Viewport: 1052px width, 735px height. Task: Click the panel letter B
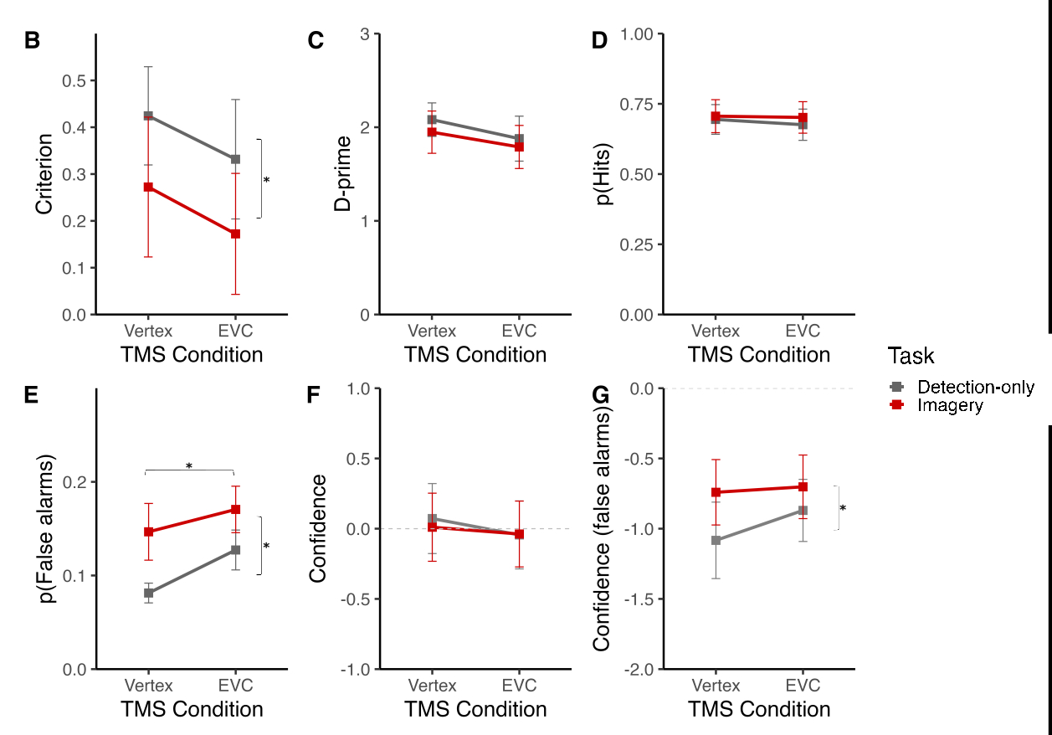coord(32,40)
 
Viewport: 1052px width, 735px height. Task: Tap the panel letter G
coord(600,395)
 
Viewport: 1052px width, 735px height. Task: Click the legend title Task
coord(911,356)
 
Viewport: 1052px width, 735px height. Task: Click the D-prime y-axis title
coord(343,174)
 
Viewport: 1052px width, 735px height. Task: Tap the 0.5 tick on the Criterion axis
coord(74,81)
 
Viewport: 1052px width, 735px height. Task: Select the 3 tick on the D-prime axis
coord(366,34)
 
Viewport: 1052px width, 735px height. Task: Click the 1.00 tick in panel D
coord(638,34)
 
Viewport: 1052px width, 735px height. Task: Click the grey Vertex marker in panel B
coord(148,116)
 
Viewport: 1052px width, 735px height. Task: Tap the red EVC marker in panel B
coord(236,234)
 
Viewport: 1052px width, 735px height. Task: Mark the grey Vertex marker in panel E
coord(149,593)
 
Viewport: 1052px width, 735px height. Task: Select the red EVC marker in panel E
coord(236,509)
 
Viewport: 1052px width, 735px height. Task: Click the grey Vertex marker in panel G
coord(716,540)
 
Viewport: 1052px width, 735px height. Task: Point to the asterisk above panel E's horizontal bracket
coord(189,466)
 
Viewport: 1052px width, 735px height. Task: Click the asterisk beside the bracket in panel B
coord(266,181)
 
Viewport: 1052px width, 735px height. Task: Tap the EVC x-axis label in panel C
coord(519,331)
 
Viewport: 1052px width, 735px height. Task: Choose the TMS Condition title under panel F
coord(475,709)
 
